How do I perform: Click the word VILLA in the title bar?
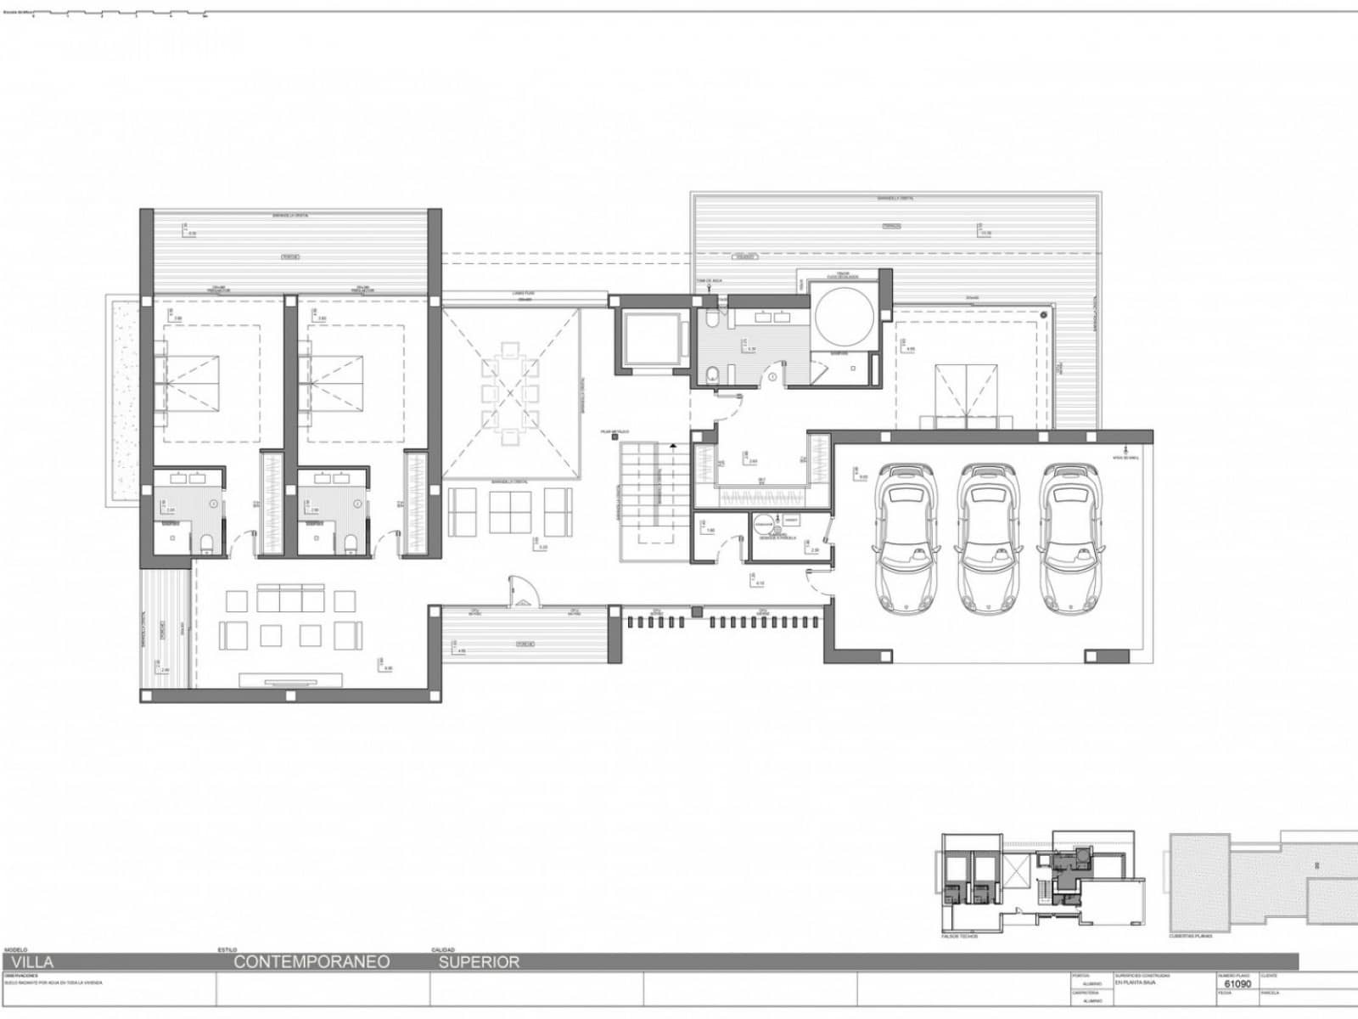point(32,962)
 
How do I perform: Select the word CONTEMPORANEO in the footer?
point(311,962)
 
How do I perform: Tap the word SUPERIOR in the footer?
point(479,962)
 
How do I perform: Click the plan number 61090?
point(1237,984)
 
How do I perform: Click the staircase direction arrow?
point(672,444)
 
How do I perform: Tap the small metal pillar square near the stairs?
point(614,438)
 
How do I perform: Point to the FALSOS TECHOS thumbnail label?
point(959,937)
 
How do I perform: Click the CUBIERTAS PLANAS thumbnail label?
point(1190,937)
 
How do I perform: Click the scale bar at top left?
point(119,14)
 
